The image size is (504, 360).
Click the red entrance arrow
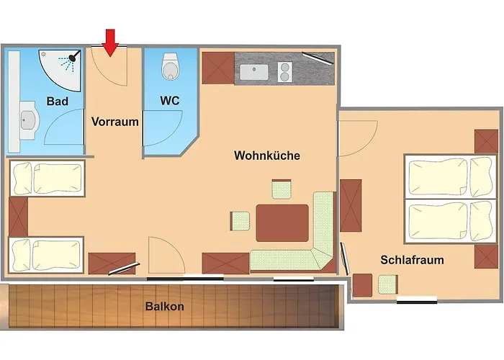pos(109,42)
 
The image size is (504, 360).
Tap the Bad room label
pos(58,102)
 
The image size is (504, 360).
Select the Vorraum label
pos(115,122)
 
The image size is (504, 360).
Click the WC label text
pos(170,102)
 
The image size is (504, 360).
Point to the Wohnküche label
pos(266,156)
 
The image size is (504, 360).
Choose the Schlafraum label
pos(413,260)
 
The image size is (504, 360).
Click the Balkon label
pos(165,307)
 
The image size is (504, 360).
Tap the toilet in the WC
pos(171,67)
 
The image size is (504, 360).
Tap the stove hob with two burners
pos(284,73)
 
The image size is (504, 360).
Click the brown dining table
pos(282,222)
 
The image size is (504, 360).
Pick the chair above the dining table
pos(282,190)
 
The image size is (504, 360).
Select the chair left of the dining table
pos(240,220)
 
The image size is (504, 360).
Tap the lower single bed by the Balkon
pos(47,255)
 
